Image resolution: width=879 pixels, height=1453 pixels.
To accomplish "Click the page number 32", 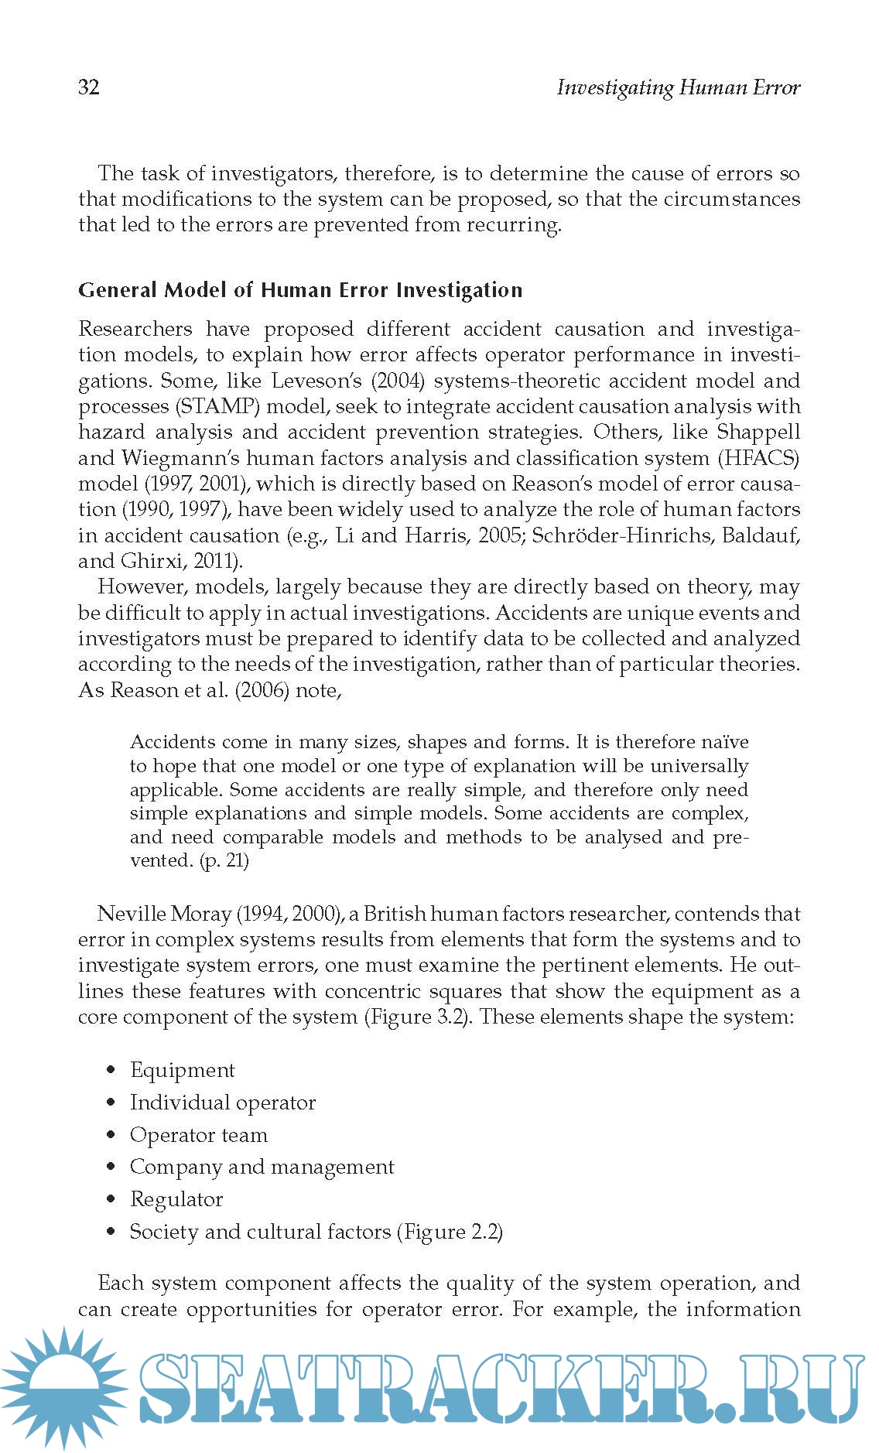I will click(x=89, y=87).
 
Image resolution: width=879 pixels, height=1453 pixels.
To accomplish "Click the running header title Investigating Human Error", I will click(x=678, y=87).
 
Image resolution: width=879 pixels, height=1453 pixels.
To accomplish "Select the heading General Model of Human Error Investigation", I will click(x=300, y=290).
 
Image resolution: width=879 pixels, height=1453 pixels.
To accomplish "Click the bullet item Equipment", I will click(x=182, y=1070).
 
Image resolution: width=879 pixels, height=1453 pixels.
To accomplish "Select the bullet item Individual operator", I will click(x=223, y=1103).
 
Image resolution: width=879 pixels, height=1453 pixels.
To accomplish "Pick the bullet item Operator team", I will click(x=198, y=1135).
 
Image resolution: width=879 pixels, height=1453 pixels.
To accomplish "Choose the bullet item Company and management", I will click(x=262, y=1167).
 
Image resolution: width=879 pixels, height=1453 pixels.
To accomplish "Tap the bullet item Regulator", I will click(x=176, y=1199).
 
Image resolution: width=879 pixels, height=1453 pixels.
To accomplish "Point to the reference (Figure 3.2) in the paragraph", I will click(x=418, y=1017).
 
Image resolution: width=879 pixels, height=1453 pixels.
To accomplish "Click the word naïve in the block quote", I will click(x=725, y=742).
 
